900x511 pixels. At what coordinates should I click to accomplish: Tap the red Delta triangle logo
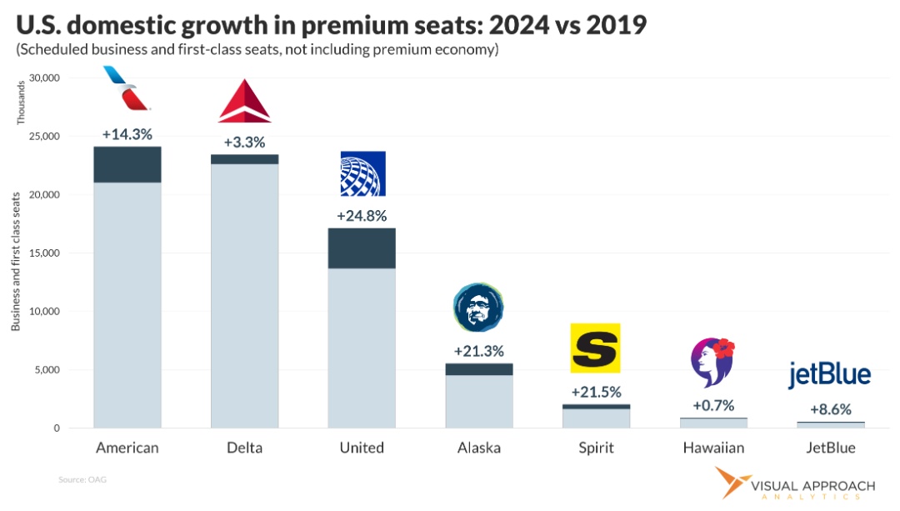[244, 102]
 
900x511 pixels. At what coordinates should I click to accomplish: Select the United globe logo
[362, 173]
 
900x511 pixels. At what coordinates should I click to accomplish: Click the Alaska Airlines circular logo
[479, 308]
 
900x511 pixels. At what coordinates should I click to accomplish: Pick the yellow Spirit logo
[595, 347]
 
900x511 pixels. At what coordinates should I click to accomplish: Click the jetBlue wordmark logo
[829, 375]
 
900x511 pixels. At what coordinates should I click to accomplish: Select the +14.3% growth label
[127, 133]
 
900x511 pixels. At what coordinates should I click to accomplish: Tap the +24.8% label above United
[362, 216]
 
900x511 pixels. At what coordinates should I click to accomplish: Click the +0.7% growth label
[712, 406]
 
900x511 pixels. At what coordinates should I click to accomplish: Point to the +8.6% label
[830, 410]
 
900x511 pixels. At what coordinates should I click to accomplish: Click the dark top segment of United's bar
[362, 248]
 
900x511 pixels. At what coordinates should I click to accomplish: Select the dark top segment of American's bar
[127, 164]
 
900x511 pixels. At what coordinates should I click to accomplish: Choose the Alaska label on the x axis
[479, 448]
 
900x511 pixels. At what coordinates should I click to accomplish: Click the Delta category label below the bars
[244, 448]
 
